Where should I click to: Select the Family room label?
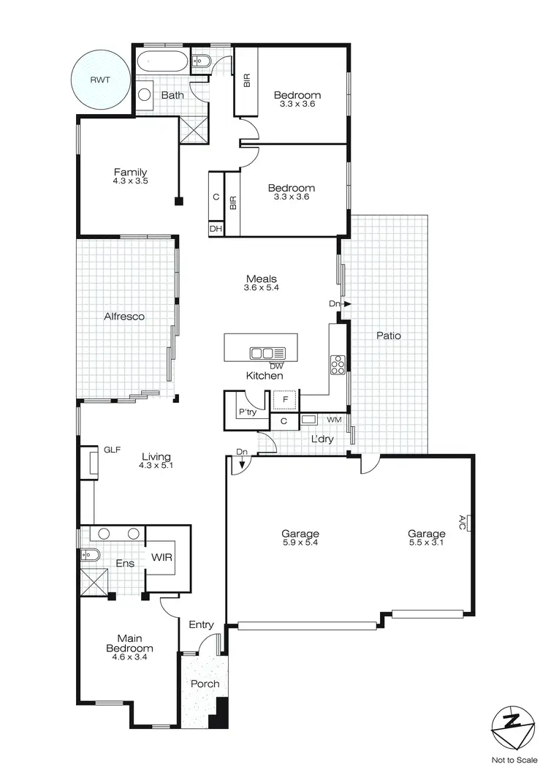point(130,173)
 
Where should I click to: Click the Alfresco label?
point(123,317)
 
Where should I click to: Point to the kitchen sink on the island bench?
point(262,353)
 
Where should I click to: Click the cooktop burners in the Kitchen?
point(338,363)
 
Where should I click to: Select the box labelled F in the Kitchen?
point(285,401)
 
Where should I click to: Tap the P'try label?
point(246,412)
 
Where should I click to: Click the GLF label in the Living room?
point(112,450)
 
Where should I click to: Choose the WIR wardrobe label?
point(161,557)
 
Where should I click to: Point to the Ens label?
point(124,564)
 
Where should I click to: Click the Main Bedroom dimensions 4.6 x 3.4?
point(130,658)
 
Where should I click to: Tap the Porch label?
point(205,684)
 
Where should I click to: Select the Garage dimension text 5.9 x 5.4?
point(300,542)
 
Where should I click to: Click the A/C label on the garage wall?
point(462,522)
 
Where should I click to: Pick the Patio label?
point(388,336)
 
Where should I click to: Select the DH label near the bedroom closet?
point(216,229)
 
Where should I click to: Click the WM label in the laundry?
point(334,420)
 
